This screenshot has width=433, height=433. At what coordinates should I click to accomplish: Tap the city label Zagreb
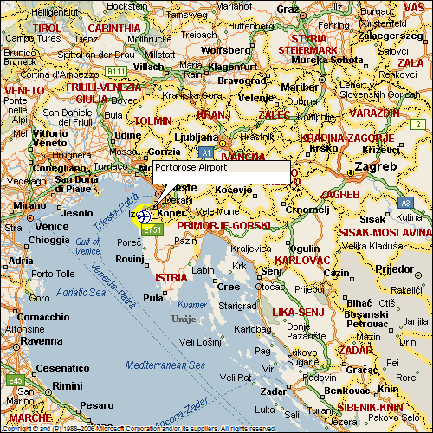378,166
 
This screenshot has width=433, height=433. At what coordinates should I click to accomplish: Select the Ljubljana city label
197,137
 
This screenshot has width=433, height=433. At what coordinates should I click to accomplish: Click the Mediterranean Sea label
164,366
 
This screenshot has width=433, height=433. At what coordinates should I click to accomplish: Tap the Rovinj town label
129,258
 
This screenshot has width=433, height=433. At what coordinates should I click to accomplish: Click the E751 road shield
152,229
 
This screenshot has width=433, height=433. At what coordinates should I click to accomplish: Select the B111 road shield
117,70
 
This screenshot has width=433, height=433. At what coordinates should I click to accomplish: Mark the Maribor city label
301,87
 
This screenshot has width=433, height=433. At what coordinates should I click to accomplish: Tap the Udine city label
127,135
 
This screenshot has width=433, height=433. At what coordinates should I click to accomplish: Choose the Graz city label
288,9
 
